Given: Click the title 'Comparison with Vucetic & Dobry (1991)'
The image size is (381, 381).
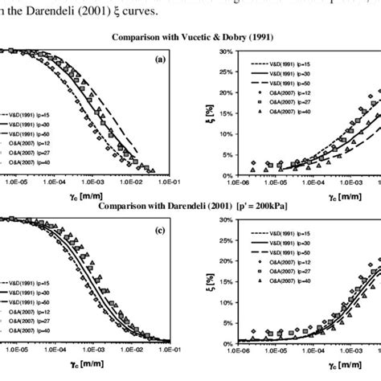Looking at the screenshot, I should tap(190, 36).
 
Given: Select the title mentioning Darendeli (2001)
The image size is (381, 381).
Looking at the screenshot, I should tap(190, 206).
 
